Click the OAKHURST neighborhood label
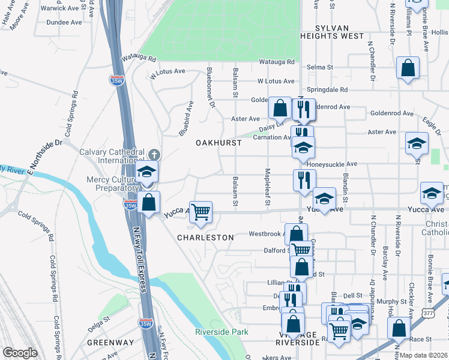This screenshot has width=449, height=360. pos(218,143)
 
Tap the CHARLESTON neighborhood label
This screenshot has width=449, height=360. pos(205,238)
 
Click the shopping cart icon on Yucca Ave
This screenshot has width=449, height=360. pos(200,211)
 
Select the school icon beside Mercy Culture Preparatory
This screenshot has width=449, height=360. pos(146,172)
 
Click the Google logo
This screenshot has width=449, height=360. pos(20,353)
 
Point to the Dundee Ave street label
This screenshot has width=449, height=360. pos(65,22)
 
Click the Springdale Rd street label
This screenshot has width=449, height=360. pos(327,90)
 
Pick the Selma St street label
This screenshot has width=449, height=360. pos(321,68)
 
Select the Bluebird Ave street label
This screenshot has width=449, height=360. pos(185,120)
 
